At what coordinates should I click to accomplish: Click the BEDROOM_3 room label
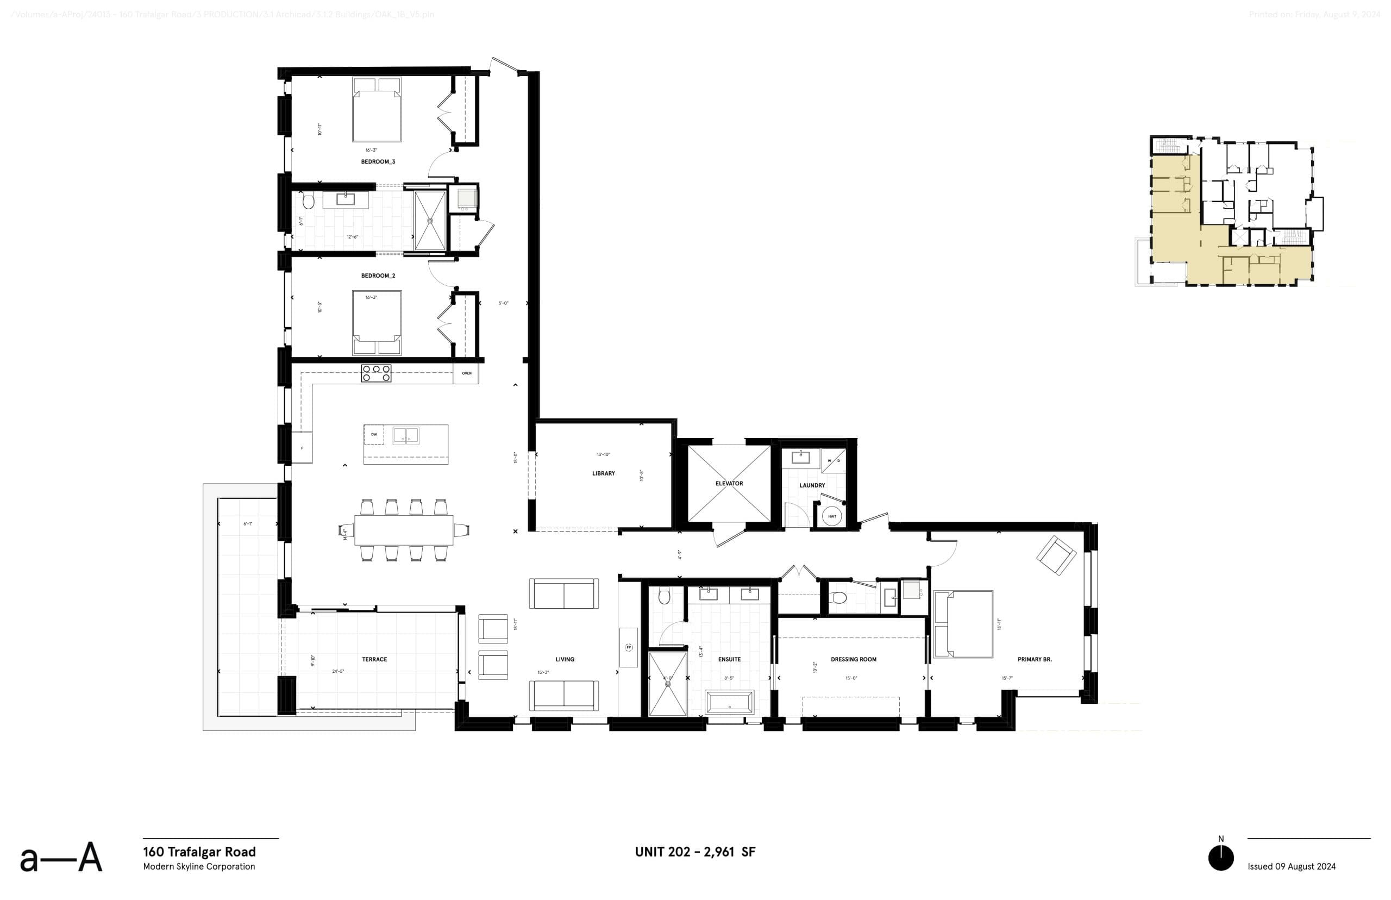point(378,161)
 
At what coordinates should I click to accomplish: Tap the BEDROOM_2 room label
point(378,275)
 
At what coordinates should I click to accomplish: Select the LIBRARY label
point(603,473)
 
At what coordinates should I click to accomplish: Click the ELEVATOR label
point(729,483)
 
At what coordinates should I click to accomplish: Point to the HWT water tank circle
point(831,516)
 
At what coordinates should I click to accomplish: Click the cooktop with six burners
point(376,373)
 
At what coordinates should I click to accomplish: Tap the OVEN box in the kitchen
point(466,373)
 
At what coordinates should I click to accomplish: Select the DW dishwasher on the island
point(374,434)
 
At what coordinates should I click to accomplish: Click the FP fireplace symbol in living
point(629,647)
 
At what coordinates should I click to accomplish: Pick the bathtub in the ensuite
point(730,701)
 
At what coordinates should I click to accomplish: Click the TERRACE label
point(374,659)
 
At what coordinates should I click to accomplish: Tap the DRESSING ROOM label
point(853,659)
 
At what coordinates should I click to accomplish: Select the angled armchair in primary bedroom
point(1056,556)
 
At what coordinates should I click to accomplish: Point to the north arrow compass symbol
point(1220,858)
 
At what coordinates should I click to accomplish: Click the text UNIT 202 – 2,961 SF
point(694,852)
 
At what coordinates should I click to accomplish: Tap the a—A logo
point(61,858)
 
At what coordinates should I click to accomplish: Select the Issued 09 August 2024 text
point(1291,866)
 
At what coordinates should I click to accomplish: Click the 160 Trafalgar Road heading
point(199,852)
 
